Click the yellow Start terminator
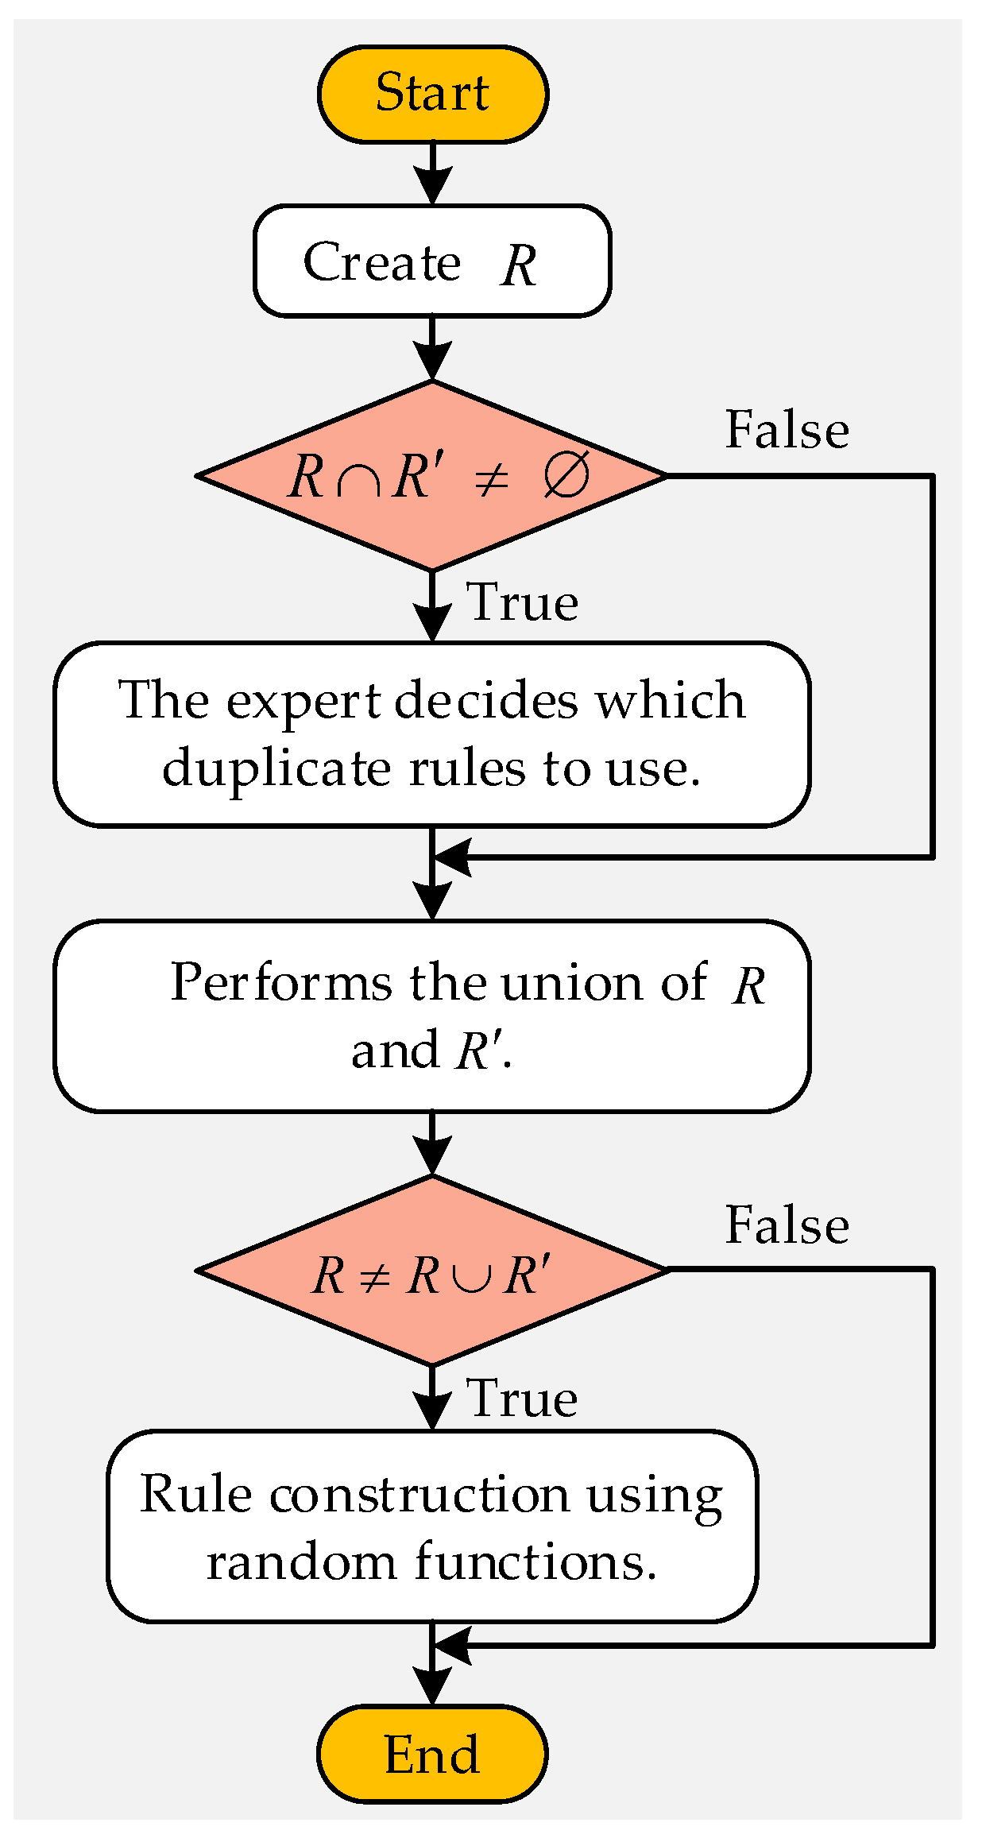pyautogui.click(x=432, y=94)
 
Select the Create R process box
pyautogui.click(x=432, y=261)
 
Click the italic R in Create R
pyautogui.click(x=520, y=265)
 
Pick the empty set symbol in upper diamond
pyautogui.click(x=566, y=476)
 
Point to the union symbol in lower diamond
pyautogui.click(x=471, y=1277)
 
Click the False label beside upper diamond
pyautogui.click(x=787, y=430)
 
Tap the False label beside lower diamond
pyautogui.click(x=787, y=1225)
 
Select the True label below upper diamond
pyautogui.click(x=522, y=602)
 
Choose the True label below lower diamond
pyautogui.click(x=522, y=1398)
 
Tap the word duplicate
pyautogui.click(x=276, y=769)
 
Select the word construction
pyautogui.click(x=419, y=1495)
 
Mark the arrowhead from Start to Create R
pyautogui.click(x=432, y=185)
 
